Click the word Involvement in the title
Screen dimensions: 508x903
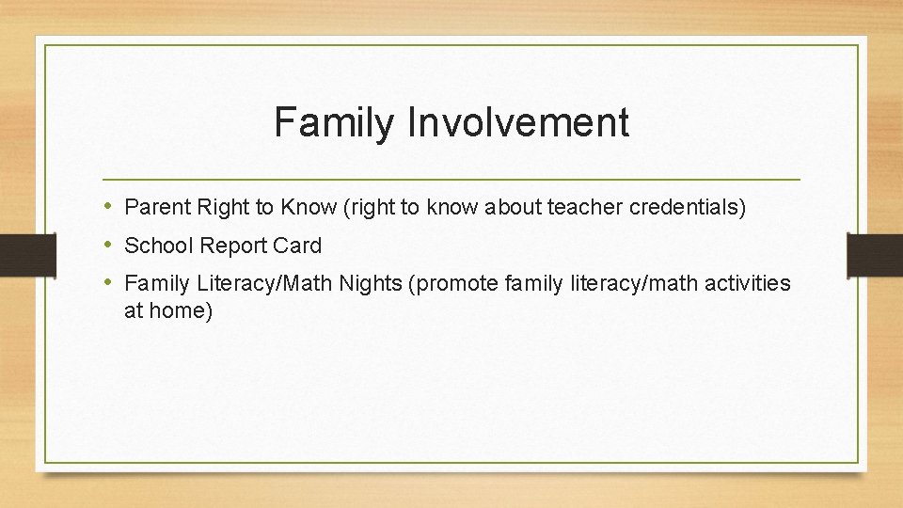pos(519,123)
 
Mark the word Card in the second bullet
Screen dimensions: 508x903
pos(300,246)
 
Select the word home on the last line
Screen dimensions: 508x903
pos(182,310)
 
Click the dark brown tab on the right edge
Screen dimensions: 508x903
pos(875,254)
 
